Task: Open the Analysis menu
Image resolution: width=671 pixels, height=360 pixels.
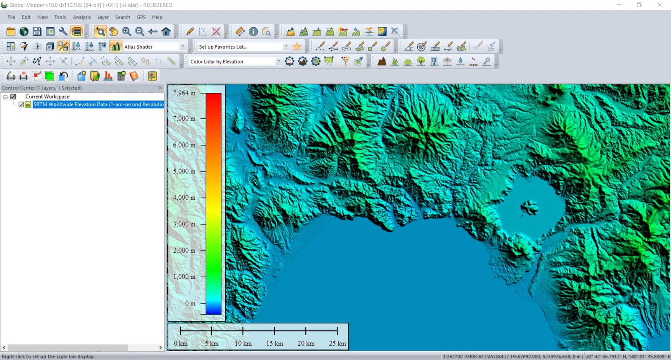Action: (x=81, y=17)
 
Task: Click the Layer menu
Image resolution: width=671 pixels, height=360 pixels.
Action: (x=103, y=17)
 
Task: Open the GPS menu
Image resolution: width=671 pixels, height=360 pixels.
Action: (x=141, y=17)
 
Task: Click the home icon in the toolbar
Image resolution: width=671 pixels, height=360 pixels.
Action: (x=166, y=31)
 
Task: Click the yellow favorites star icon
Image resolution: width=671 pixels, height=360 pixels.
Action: (x=297, y=47)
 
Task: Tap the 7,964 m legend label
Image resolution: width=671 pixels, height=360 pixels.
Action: (x=184, y=93)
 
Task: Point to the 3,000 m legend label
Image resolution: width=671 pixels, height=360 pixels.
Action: (x=184, y=224)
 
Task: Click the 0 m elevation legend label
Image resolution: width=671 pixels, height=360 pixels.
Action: (x=190, y=303)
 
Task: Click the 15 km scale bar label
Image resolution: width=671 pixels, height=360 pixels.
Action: (x=274, y=343)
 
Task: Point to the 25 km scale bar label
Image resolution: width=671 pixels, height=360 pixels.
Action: (x=337, y=343)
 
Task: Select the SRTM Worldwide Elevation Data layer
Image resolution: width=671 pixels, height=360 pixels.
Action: (x=98, y=104)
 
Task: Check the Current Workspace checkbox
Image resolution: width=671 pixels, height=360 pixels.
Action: (x=13, y=97)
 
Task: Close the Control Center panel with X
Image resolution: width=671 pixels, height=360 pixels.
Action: (x=160, y=88)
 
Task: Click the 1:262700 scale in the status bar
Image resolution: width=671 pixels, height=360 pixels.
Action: (x=453, y=356)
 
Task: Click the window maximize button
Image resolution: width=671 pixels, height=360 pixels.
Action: (x=639, y=5)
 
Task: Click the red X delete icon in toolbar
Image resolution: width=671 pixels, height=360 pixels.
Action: (x=216, y=31)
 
